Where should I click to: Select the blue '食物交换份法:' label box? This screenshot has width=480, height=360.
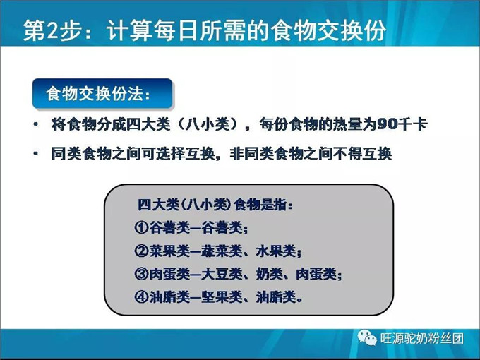click(x=102, y=93)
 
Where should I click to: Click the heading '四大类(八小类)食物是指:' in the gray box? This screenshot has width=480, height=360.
click(x=215, y=205)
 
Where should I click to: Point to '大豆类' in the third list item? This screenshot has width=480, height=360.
click(x=227, y=273)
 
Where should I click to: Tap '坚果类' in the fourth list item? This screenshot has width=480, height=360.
click(x=227, y=296)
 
